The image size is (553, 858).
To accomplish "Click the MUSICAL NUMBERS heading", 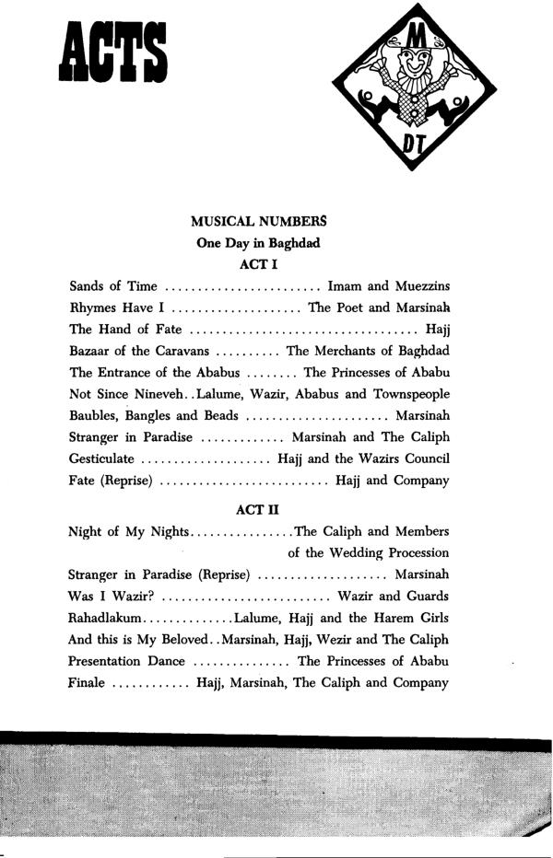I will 258,222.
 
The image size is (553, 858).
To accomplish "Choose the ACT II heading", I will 258,508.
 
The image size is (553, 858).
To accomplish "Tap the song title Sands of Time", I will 112,286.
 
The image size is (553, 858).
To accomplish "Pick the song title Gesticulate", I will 101,458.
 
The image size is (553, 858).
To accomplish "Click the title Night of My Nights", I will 128,531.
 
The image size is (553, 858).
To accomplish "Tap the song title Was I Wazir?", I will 111,596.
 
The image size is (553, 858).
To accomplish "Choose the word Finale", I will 88,683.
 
